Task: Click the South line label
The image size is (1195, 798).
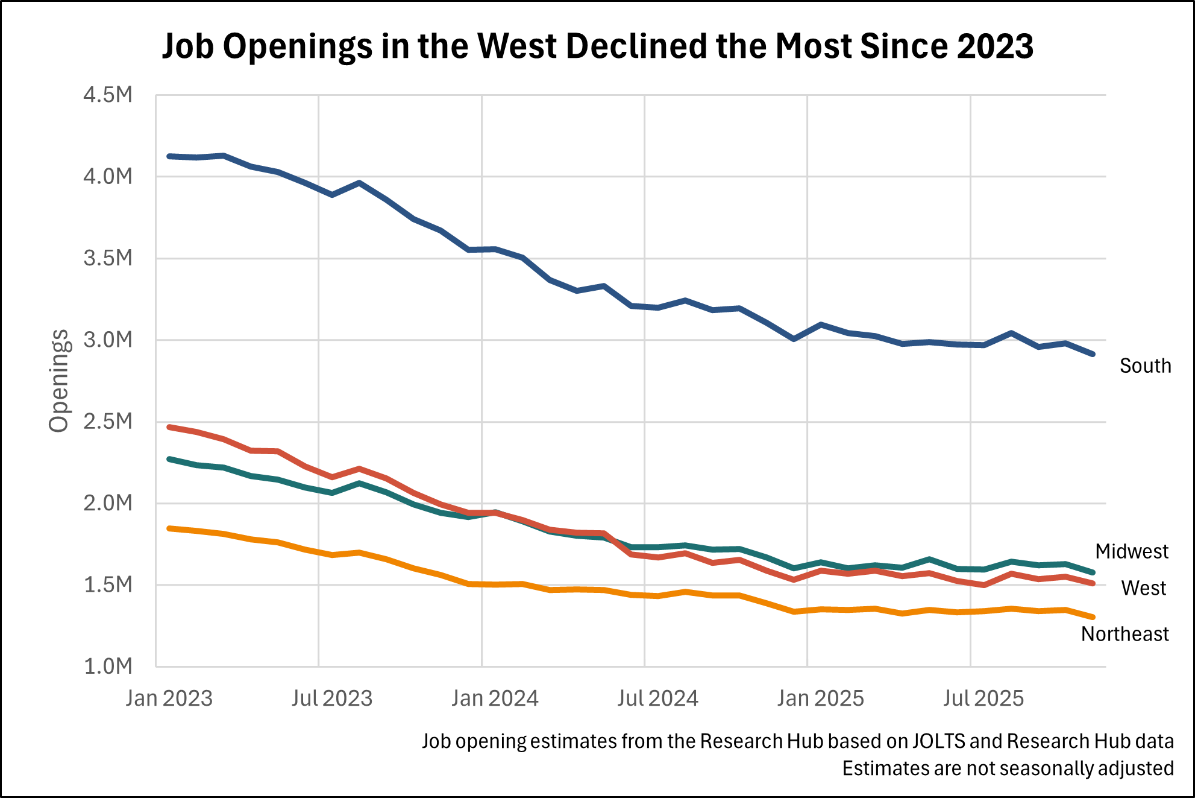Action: (1145, 366)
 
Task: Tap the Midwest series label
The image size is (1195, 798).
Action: (1131, 551)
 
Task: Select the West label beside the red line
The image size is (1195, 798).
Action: (1143, 588)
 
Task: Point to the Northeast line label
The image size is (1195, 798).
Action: (1124, 634)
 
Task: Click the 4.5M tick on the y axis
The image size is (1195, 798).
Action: (108, 95)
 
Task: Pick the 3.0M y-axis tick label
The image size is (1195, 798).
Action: (108, 340)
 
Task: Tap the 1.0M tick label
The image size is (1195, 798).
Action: (108, 667)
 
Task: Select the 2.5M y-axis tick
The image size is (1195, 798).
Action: (108, 422)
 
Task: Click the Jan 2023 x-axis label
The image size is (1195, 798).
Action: (169, 698)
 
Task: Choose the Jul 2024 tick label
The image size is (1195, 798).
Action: (657, 698)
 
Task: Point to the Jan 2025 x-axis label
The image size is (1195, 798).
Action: (820, 698)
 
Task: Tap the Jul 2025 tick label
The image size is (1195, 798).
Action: (983, 698)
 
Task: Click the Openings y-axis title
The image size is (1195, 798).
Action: (59, 381)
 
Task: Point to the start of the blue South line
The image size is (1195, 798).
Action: (169, 156)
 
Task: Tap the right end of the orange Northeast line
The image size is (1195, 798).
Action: (1093, 617)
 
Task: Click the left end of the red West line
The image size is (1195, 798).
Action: (169, 427)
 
